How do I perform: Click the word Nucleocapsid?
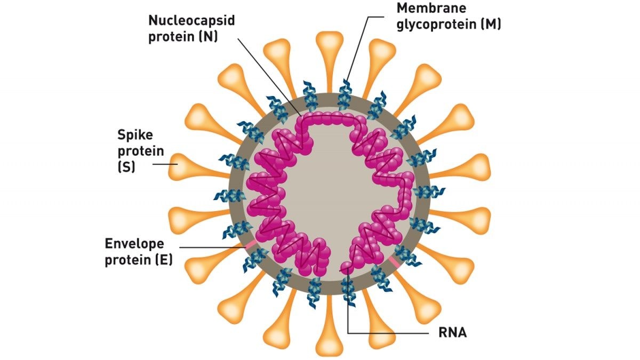click(191, 21)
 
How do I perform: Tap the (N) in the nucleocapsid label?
click(209, 37)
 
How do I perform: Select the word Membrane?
click(431, 8)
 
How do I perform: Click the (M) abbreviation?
click(491, 23)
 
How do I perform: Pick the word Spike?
click(135, 135)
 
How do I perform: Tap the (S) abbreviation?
click(126, 167)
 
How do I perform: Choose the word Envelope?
click(134, 244)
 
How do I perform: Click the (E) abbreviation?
click(164, 260)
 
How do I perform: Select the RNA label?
click(453, 333)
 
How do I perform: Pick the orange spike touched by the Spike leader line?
click(197, 167)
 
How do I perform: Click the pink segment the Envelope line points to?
click(250, 245)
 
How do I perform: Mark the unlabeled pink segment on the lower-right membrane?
click(395, 262)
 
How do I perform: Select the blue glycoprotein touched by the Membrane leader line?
click(345, 95)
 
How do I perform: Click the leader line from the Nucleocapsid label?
click(270, 77)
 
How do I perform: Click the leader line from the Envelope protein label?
click(212, 247)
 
